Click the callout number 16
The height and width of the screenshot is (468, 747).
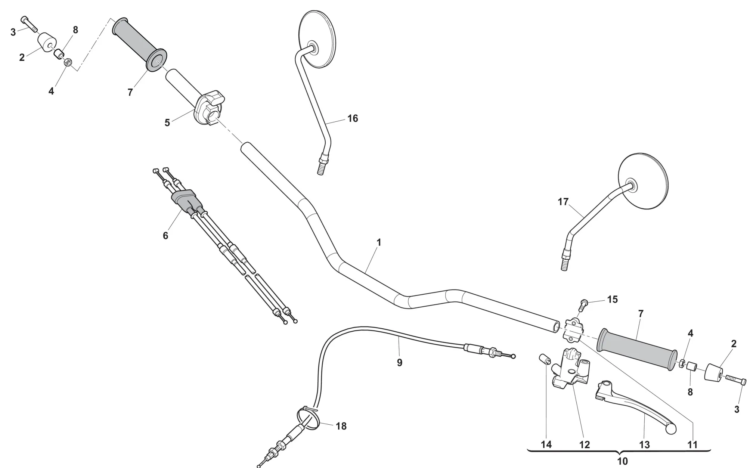352,118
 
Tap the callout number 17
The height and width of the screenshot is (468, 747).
563,202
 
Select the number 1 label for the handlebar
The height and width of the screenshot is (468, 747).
379,242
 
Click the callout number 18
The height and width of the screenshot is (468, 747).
341,426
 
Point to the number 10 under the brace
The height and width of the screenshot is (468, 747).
622,461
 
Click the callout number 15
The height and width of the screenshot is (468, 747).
613,299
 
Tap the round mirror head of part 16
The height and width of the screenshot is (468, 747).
318,39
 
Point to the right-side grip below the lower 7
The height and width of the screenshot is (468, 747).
636,350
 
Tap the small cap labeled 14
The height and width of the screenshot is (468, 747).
545,360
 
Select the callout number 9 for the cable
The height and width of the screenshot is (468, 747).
399,362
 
